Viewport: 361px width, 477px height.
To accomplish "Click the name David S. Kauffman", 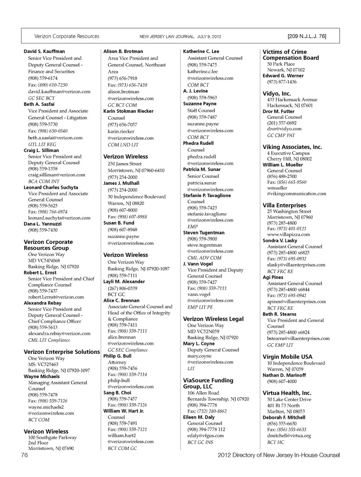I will [44, 51].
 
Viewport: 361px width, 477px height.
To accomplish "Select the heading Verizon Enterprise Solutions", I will [62, 352].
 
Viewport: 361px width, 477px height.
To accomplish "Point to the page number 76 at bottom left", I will [24, 455].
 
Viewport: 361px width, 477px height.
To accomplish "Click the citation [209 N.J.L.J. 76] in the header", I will [306, 37].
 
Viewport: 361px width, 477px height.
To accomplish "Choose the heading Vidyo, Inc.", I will [276, 93].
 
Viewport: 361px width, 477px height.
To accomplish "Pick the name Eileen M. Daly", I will [199, 417].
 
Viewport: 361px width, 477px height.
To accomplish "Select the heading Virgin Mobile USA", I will [287, 357].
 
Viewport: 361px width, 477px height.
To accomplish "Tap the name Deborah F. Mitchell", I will [284, 418].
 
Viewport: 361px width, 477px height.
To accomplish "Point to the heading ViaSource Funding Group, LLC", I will [208, 383].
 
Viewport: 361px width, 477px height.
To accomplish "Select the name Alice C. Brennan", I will [121, 300].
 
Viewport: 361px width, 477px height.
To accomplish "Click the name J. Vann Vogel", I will [198, 264].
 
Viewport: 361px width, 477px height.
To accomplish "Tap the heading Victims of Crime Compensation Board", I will [291, 55].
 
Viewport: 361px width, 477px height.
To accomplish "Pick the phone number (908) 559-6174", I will [42, 78].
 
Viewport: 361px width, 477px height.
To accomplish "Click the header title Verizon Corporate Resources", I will [67, 37].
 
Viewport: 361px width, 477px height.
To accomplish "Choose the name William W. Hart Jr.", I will [123, 411].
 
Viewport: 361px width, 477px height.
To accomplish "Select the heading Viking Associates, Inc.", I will [292, 147].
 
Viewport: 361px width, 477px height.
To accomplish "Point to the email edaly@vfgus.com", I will [205, 436].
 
